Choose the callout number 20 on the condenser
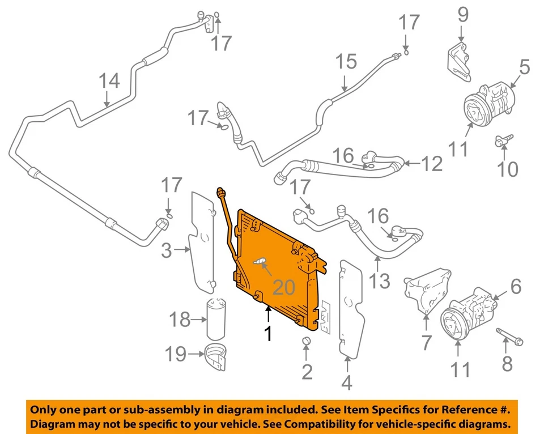285,288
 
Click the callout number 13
381,280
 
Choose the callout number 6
515,287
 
